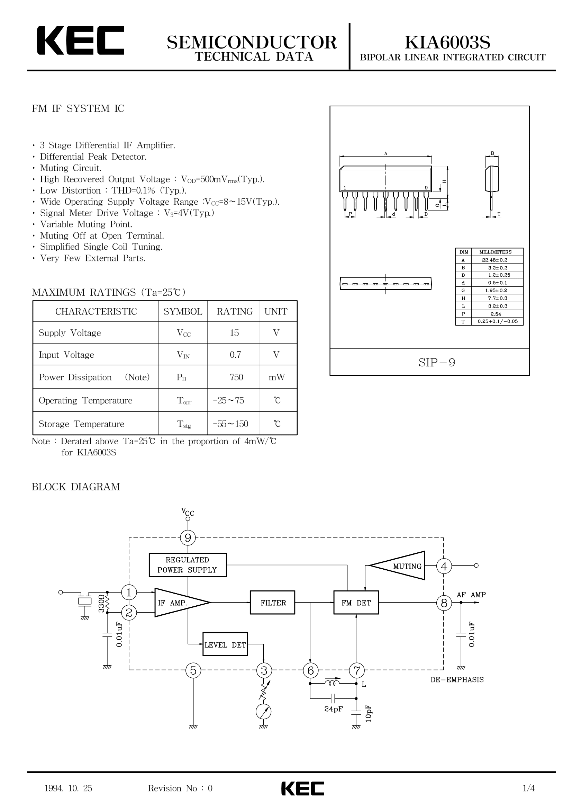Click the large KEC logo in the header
(x=80, y=40)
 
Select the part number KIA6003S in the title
(x=447, y=42)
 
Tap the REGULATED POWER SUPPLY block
(x=188, y=565)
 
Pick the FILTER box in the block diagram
(x=272, y=603)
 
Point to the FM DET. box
(x=356, y=603)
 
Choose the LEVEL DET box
(x=225, y=644)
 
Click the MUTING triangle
(x=397, y=566)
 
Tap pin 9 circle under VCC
(x=188, y=538)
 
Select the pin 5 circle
(x=193, y=670)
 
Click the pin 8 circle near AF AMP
(x=444, y=603)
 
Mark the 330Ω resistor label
(x=101, y=603)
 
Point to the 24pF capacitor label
(x=333, y=709)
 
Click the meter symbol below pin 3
(x=264, y=712)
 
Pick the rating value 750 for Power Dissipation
(x=236, y=377)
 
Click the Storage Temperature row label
(x=81, y=424)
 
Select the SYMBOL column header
(x=183, y=312)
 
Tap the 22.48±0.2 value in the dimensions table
(x=495, y=260)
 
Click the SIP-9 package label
(x=437, y=362)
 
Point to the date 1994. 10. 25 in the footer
(x=69, y=788)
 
